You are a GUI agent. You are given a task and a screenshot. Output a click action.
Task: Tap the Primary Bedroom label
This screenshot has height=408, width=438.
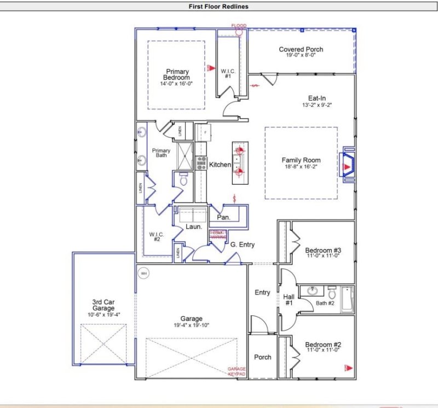pyautogui.click(x=177, y=75)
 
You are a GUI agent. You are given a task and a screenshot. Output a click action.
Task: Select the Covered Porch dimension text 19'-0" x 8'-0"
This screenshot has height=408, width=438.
pyautogui.click(x=301, y=55)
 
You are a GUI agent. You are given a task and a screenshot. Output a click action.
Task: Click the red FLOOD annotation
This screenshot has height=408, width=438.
pyautogui.click(x=239, y=26)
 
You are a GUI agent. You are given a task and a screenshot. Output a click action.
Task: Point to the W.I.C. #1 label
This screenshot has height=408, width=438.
pyautogui.click(x=228, y=73)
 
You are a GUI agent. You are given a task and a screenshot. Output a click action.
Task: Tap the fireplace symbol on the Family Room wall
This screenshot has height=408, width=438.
pyautogui.click(x=347, y=164)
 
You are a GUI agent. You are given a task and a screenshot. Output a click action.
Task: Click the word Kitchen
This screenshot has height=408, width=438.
pyautogui.click(x=220, y=165)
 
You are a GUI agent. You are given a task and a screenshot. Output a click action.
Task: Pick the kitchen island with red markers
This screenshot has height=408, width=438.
pyautogui.click(x=240, y=163)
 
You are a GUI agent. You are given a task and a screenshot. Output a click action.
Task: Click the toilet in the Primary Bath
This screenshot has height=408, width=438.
pyautogui.click(x=183, y=179)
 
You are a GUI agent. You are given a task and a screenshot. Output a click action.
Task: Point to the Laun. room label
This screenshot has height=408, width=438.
pyautogui.click(x=194, y=226)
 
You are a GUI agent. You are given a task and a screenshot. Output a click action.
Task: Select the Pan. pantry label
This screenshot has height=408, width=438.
pyautogui.click(x=223, y=217)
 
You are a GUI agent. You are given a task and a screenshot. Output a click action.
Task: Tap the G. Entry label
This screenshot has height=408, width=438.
pyautogui.click(x=242, y=245)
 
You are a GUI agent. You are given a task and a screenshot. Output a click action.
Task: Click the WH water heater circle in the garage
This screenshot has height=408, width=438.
pyautogui.click(x=143, y=273)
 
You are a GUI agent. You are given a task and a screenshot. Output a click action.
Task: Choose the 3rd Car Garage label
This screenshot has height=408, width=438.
pyautogui.click(x=103, y=305)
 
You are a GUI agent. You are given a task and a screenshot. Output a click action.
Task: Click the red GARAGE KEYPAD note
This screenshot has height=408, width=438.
pyautogui.click(x=237, y=372)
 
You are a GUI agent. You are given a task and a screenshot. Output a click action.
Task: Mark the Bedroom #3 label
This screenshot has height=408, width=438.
pyautogui.click(x=323, y=251)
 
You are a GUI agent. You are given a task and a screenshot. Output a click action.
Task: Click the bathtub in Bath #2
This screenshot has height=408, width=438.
pyautogui.click(x=347, y=299)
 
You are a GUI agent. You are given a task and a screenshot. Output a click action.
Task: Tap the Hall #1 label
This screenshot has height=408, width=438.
pyautogui.click(x=289, y=299)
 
